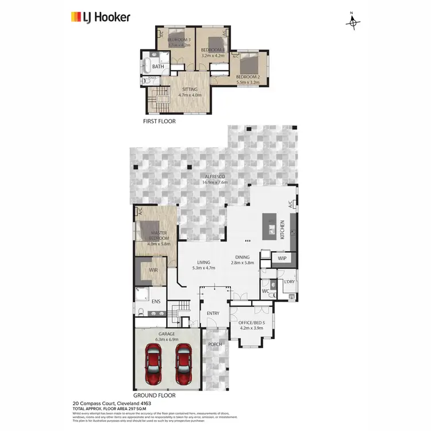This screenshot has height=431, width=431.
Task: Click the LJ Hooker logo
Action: [100, 17]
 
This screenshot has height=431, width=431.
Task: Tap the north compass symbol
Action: [353, 22]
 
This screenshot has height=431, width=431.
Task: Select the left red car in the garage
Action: [154, 365]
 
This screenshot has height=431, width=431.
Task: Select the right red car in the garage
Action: [183, 365]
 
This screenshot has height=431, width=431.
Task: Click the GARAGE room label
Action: [167, 334]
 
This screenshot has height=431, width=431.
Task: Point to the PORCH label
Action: [215, 345]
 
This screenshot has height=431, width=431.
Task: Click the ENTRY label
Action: [213, 313]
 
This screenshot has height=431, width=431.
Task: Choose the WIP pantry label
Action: [282, 259]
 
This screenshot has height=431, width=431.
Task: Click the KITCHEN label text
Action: [282, 230]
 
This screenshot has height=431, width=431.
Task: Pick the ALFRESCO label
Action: [215, 176]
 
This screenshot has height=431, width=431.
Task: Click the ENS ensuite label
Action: [155, 301]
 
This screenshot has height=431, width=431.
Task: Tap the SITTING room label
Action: [190, 90]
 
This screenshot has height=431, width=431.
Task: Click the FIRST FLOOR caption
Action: [159, 122]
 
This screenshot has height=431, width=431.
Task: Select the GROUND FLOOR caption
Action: [154, 395]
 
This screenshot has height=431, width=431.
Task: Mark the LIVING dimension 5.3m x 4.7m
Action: [202, 267]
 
